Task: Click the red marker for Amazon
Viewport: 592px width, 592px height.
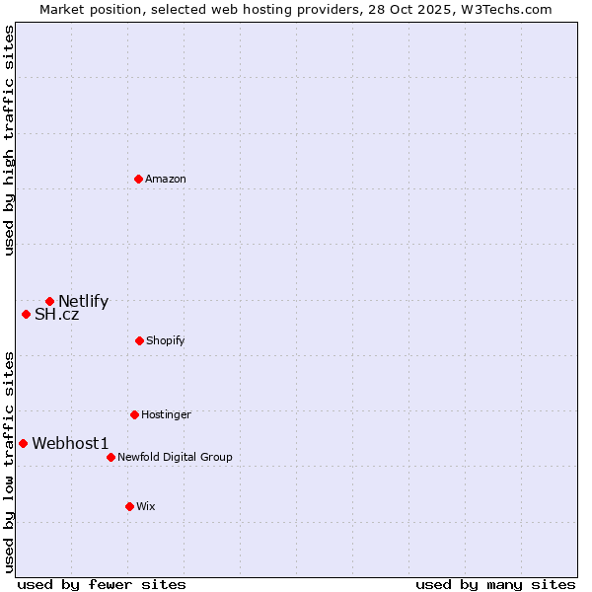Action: coord(138,179)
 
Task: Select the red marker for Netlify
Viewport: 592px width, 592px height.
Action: coord(49,301)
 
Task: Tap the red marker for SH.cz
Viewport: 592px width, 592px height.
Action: coord(26,314)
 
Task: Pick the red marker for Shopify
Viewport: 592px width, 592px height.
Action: coord(139,340)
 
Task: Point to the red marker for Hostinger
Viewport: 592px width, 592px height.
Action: coord(134,414)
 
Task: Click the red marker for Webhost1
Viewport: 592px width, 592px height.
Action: coord(23,443)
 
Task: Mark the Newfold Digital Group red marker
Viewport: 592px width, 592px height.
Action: coord(111,457)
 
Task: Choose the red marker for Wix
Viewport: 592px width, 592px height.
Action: coord(129,506)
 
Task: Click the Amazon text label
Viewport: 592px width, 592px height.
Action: coord(166,179)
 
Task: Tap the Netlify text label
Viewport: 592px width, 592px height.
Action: coord(83,302)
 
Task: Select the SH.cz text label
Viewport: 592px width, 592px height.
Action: coord(56,315)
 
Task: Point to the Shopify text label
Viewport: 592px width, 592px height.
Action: coord(166,340)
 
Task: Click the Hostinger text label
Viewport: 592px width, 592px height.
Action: coord(166,414)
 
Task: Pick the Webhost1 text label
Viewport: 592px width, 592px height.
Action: coord(70,444)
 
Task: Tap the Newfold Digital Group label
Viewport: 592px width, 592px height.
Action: coord(175,457)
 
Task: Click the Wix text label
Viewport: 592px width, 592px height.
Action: coord(146,506)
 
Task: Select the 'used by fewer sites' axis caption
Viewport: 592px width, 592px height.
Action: coord(102,584)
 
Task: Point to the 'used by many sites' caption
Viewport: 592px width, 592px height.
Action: coord(495,584)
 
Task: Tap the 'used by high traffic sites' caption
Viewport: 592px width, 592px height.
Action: coord(9,140)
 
